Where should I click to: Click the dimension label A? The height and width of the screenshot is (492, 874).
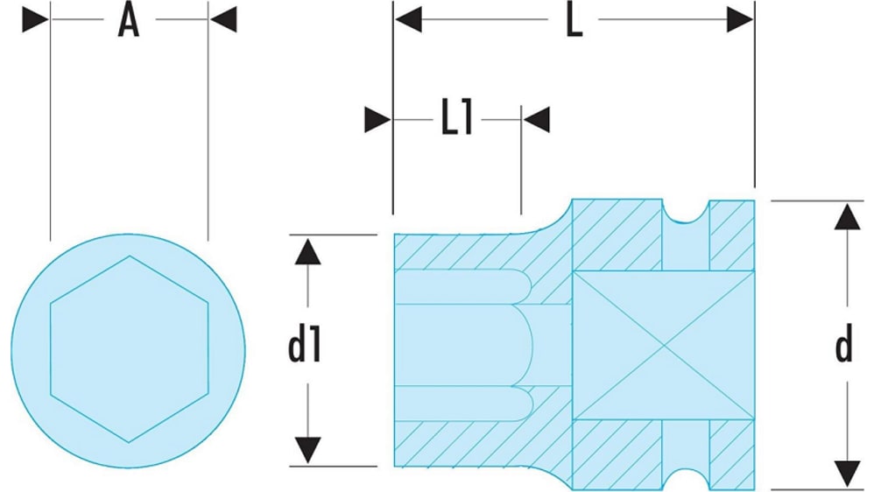pos(129,22)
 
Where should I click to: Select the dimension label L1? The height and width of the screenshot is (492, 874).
pos(456,120)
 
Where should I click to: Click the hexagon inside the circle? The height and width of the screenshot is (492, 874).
pos(129,348)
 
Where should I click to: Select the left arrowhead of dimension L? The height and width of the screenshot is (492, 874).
pos(408,20)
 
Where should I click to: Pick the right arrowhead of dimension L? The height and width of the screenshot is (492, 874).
pos(740,20)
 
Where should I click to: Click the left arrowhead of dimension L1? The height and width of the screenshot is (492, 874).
pos(378,120)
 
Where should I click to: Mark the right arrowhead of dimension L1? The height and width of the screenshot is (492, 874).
pos(536,120)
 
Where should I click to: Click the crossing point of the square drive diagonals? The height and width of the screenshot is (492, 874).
pos(663,344)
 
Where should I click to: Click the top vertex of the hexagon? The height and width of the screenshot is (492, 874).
pos(130,256)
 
